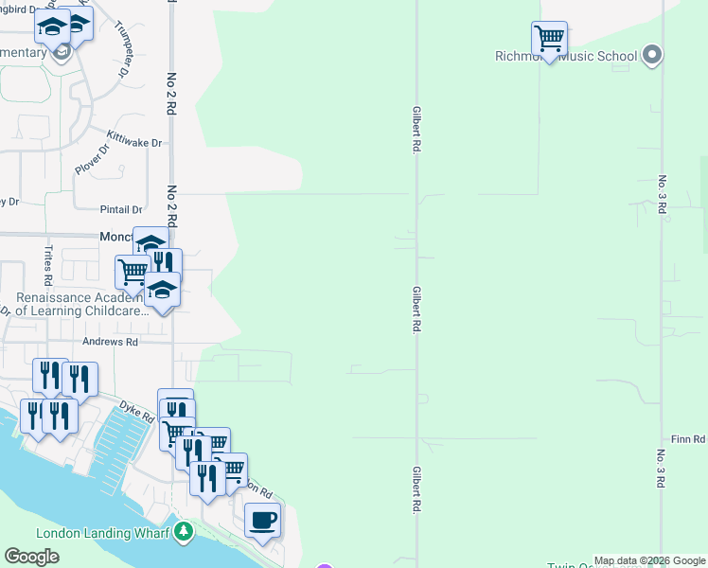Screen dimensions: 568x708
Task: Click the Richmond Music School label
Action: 566,56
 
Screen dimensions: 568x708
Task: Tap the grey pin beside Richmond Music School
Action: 651,55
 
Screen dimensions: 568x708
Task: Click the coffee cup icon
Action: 263,520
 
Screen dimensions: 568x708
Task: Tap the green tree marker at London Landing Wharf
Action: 184,532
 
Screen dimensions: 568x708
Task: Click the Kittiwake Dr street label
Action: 134,142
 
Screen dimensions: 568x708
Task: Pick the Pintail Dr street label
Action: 120,209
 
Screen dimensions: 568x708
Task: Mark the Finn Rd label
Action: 688,439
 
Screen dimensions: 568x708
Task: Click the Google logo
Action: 31,557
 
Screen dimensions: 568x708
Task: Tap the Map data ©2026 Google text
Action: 649,560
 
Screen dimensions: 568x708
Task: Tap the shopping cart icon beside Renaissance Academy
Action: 133,272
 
